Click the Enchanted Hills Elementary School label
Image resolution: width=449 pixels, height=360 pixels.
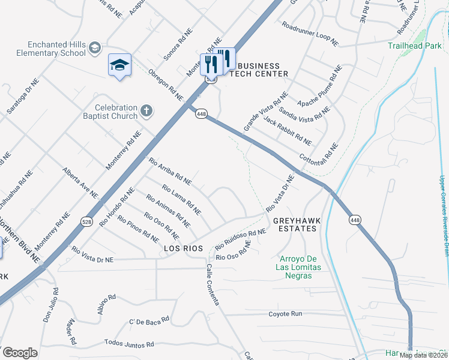click(57, 49)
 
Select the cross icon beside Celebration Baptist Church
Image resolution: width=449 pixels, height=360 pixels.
click(146, 110)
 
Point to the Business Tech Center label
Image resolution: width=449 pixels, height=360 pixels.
click(259, 70)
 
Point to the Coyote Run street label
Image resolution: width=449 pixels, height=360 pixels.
click(285, 314)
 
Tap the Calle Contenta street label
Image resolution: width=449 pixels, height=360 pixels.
click(212, 284)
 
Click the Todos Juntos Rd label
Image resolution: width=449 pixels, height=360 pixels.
click(129, 344)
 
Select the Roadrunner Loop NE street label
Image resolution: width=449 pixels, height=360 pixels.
click(310, 34)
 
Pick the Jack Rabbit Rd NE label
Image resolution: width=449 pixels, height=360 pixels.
click(288, 131)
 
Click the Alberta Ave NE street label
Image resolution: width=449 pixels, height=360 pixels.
click(80, 182)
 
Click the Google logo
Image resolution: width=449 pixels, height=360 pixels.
click(19, 353)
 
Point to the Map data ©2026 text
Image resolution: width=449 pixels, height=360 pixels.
click(423, 355)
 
